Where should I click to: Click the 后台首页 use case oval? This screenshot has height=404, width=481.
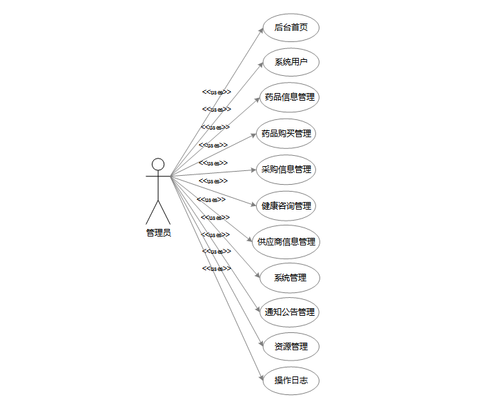tap(291, 28)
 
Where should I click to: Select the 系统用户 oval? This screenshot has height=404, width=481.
tap(291, 63)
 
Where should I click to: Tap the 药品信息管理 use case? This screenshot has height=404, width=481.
tap(290, 97)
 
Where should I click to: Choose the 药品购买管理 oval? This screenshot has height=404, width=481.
tap(286, 134)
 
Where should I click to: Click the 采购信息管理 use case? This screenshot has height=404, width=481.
tap(286, 170)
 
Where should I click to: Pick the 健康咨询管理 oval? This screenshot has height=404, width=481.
tap(286, 206)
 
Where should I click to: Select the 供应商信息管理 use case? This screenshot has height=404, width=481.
tap(286, 242)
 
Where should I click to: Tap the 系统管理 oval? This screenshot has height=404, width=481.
tap(290, 278)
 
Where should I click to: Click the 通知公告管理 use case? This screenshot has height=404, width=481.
tap(290, 312)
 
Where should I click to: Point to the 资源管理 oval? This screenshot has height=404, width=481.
tap(291, 347)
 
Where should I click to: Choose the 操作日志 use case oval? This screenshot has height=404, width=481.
tap(291, 381)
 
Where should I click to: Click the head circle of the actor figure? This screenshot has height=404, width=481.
tap(158, 164)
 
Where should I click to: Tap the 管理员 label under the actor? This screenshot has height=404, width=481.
tap(158, 233)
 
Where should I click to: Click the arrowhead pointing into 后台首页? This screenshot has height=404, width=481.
tap(260, 30)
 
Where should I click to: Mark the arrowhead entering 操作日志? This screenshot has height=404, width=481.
tap(260, 378)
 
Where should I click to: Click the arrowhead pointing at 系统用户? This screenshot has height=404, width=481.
tap(260, 64)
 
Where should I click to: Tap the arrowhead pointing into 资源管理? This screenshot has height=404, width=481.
tap(260, 343)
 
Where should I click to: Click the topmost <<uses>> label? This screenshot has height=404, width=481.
tap(216, 92)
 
